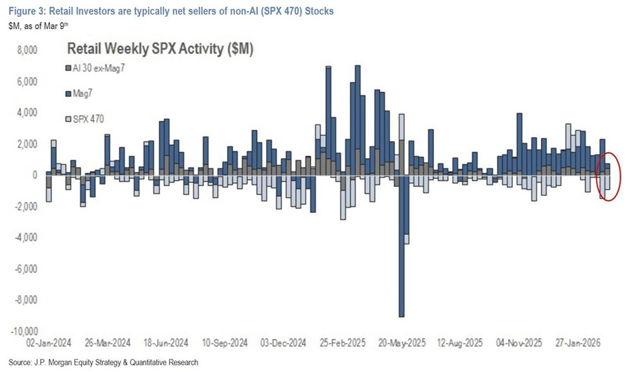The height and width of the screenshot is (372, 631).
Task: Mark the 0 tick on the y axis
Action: point(36,175)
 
